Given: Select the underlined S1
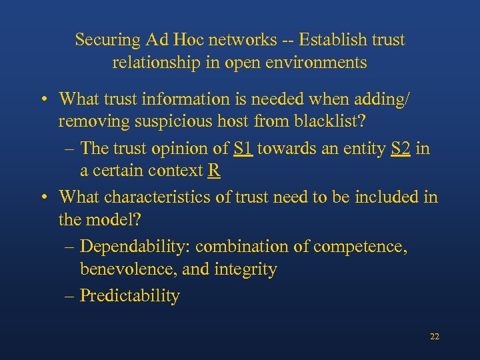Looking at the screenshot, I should (243, 148).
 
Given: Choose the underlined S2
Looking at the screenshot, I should (401, 148).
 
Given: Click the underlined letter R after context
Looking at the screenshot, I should (214, 171).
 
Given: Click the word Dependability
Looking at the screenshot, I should (135, 247).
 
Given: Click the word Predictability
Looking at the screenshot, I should (129, 296).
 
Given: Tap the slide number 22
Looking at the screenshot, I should (435, 337).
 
